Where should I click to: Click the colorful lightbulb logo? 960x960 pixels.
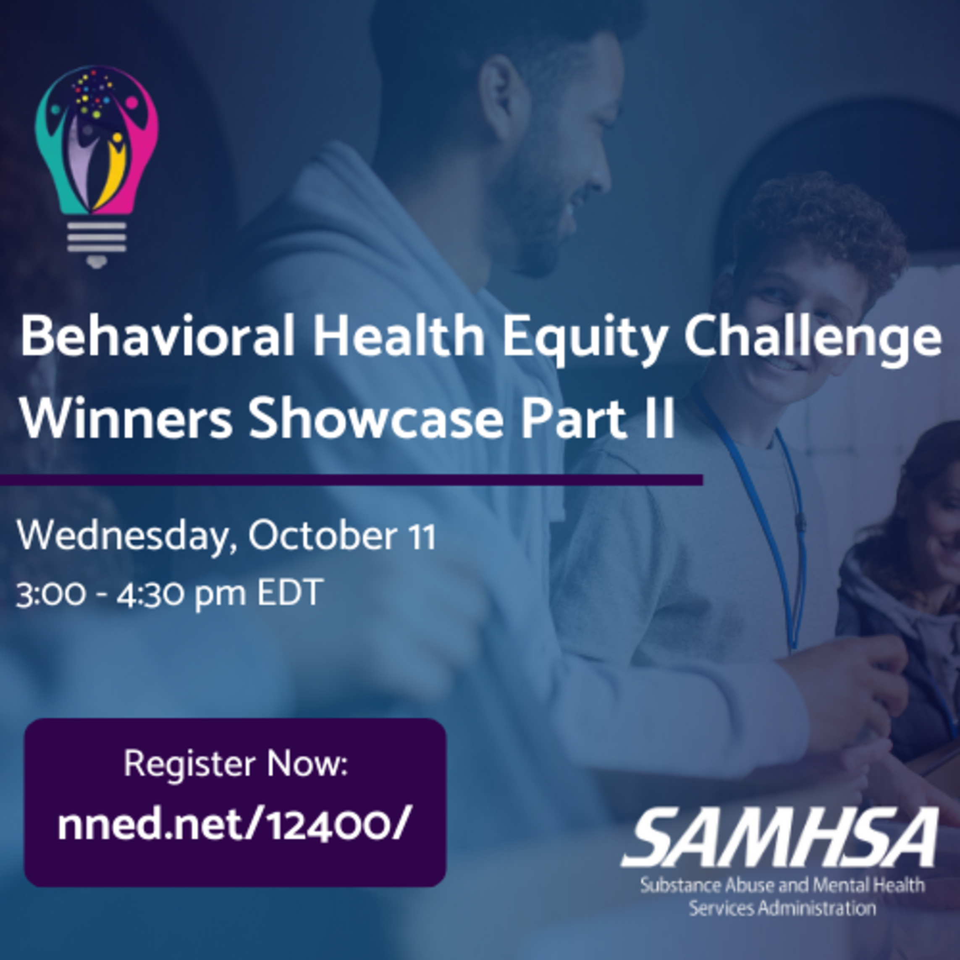tap(97, 166)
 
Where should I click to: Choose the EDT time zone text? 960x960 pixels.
tap(290, 593)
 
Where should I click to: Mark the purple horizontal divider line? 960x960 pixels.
tap(351, 480)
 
